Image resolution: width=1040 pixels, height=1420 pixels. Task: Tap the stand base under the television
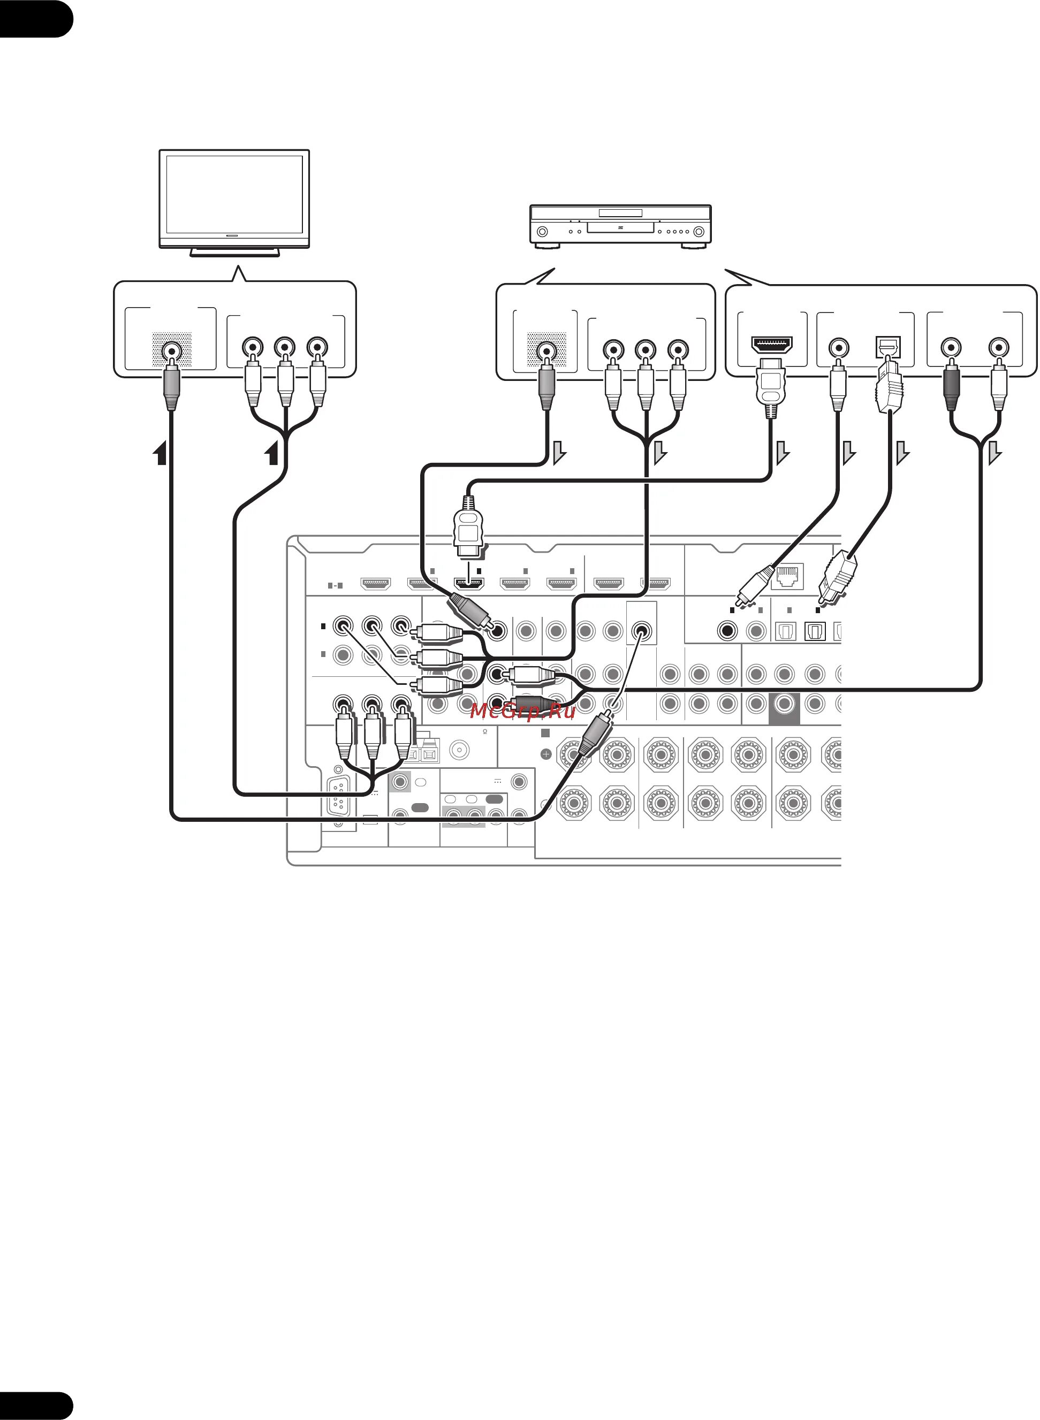[x=234, y=253]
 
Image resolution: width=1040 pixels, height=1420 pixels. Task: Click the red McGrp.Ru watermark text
[x=522, y=712]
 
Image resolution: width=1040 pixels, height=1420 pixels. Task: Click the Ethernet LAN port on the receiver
[x=787, y=576]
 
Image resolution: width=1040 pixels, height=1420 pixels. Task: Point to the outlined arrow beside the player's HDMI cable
[x=783, y=452]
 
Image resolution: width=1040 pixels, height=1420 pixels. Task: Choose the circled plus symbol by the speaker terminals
[x=546, y=754]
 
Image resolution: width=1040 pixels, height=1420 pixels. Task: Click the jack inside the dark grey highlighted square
[x=784, y=703]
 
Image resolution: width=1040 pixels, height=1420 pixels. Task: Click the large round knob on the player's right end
[x=699, y=232]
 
